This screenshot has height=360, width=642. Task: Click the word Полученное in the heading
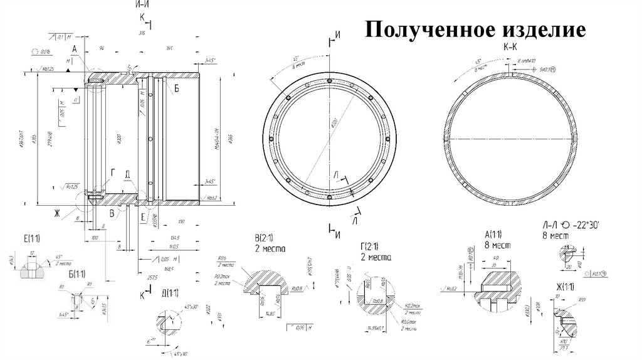coord(426,29)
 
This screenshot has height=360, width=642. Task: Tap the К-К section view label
coord(510,47)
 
